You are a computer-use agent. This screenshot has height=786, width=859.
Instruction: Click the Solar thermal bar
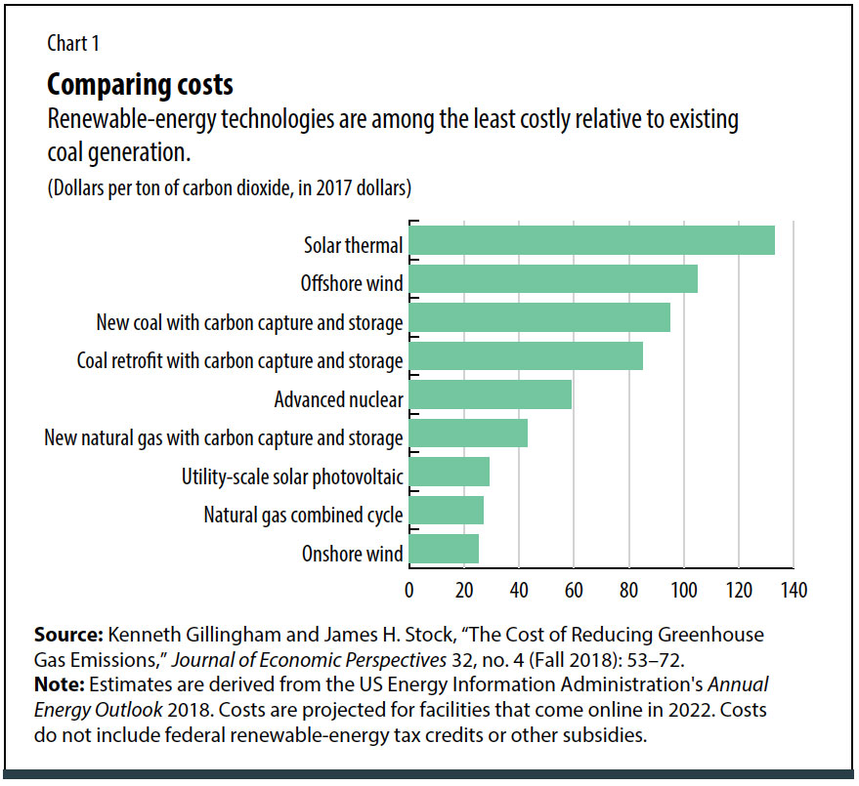coord(591,240)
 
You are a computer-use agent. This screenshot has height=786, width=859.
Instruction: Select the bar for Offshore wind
coord(553,279)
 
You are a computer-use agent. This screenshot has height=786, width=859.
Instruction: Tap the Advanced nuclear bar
coord(490,395)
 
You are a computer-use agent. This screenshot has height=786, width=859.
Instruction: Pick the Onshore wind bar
coord(444,550)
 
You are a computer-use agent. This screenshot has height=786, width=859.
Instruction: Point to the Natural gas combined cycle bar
coord(446,511)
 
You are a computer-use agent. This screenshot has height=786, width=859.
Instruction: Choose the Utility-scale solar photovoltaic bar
coord(449,473)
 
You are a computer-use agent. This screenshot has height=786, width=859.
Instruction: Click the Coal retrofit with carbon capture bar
coord(526,356)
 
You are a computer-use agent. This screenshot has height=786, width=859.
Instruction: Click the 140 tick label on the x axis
coord(794,590)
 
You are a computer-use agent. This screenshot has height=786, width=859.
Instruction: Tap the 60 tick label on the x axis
coord(574,590)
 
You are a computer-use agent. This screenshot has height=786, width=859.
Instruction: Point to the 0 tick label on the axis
coord(408,590)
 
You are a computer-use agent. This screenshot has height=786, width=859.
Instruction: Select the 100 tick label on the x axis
coord(683,590)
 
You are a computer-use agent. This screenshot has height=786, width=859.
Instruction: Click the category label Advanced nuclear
coord(338,399)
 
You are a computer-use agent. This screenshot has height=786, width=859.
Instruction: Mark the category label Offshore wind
coord(352,283)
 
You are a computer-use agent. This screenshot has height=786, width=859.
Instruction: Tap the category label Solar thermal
coord(354,245)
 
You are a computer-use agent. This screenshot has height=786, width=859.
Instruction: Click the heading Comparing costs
coord(140,84)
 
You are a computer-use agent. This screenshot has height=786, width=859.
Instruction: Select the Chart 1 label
coord(73,43)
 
